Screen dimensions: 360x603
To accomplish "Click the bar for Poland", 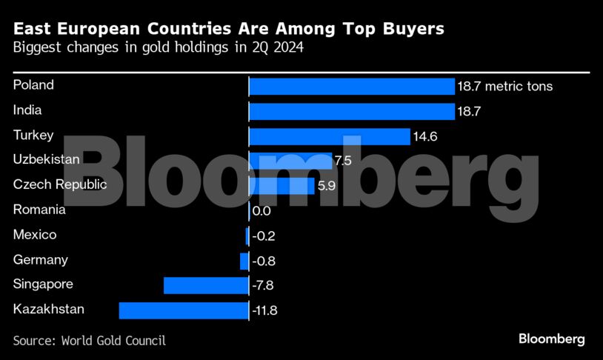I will pyautogui.click(x=351, y=87).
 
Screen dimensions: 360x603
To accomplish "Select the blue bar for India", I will pyautogui.click(x=351, y=111).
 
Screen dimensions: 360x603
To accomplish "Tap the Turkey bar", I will pyautogui.click(x=329, y=136).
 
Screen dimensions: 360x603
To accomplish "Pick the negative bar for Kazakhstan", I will pyautogui.click(x=183, y=310).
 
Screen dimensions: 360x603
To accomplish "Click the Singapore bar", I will pyautogui.click(x=205, y=286).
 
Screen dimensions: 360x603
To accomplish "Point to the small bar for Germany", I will pyautogui.click(x=244, y=261).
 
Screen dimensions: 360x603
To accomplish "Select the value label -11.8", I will pyautogui.click(x=264, y=310).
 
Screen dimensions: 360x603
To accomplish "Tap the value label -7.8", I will pyautogui.click(x=264, y=286).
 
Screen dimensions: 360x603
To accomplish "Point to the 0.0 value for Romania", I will pyautogui.click(x=261, y=211).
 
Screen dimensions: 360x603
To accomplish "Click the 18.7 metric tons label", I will pyautogui.click(x=505, y=87).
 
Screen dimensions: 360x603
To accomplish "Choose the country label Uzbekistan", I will pyautogui.click(x=47, y=159).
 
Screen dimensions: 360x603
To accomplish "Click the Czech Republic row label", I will pyautogui.click(x=60, y=184).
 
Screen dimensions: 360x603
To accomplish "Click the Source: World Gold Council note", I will pyautogui.click(x=89, y=341).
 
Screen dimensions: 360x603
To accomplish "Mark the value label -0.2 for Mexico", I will pyautogui.click(x=264, y=236).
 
